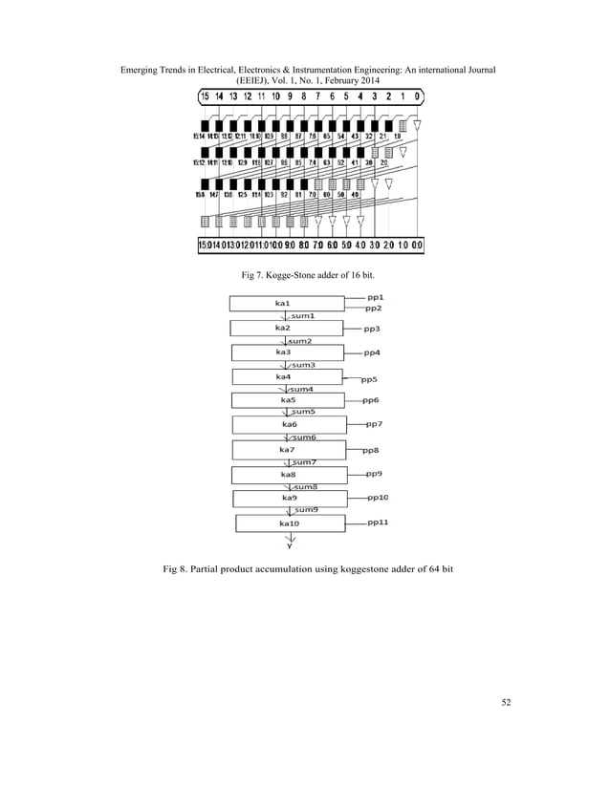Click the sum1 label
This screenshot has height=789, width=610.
pos(304,315)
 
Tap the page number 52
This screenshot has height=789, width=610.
pos(506,704)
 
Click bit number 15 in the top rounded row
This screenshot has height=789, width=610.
pos(205,96)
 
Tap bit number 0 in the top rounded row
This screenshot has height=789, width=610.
pos(419,96)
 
